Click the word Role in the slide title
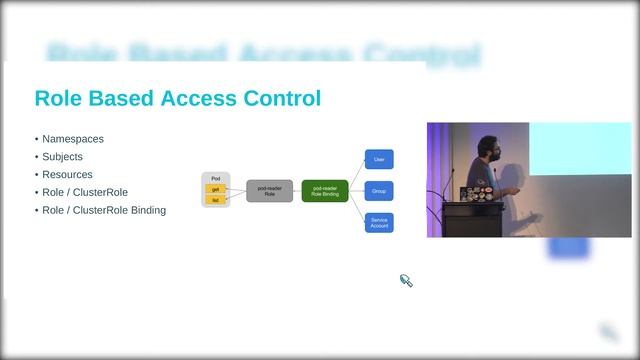coord(58,98)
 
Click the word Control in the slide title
coord(281,98)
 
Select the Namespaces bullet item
coord(73,139)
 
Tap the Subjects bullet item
coord(62,157)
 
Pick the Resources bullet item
coord(67,175)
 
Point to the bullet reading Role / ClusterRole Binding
coord(104,210)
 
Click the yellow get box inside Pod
coord(215,189)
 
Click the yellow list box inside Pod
coord(215,200)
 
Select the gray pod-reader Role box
coord(269,191)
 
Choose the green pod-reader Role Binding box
coord(324,191)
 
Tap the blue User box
coord(379,159)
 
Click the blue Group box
coord(379,191)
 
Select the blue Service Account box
coord(379,223)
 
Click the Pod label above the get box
coord(215,178)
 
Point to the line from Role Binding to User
coord(356,172)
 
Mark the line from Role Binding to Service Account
coord(356,209)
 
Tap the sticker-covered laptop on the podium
coord(474,187)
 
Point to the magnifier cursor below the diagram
coord(406,281)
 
